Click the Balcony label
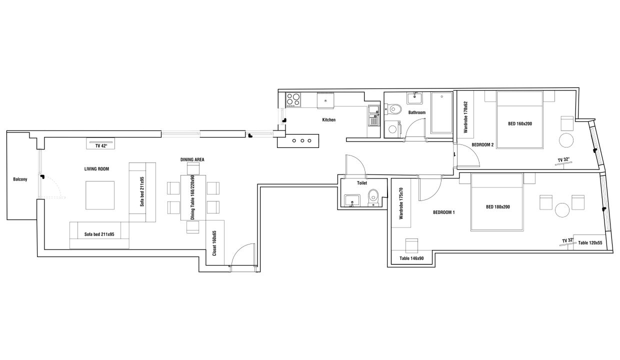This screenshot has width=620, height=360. (x=20, y=179)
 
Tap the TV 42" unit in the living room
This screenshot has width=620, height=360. (x=100, y=143)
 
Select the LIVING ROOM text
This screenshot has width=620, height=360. (x=96, y=169)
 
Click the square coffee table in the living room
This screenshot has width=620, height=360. (x=100, y=195)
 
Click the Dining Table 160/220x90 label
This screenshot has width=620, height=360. (x=192, y=197)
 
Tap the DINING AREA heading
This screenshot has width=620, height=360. (x=192, y=159)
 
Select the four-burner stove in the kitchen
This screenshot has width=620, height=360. (x=293, y=100)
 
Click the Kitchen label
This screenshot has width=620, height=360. (x=329, y=120)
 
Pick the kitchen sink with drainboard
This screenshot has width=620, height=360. (x=374, y=115)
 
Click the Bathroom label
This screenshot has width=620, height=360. (x=417, y=112)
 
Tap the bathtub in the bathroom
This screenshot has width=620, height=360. (x=441, y=112)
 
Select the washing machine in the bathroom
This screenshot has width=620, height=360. (x=392, y=128)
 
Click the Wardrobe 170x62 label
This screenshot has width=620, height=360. (x=465, y=117)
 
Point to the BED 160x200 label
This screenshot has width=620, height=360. (x=520, y=123)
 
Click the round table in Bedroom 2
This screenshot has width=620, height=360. (x=566, y=140)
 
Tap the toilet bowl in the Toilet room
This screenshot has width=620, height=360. (x=373, y=196)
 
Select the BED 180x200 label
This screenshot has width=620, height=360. (x=497, y=206)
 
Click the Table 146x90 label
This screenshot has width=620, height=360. (x=411, y=258)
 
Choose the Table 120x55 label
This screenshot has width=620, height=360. (x=590, y=243)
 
